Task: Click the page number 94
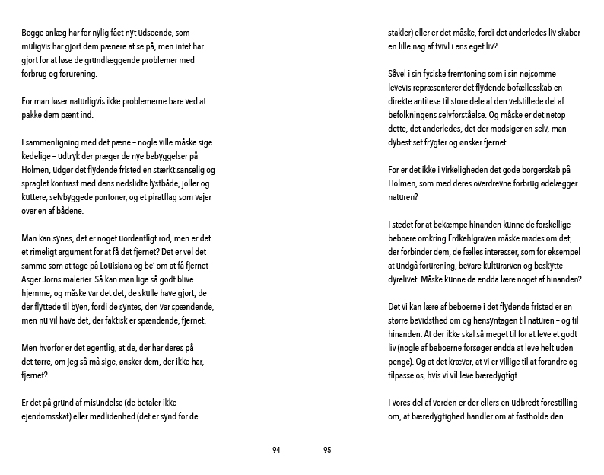click(x=277, y=450)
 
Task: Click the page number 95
click(x=327, y=450)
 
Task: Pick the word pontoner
click(x=100, y=197)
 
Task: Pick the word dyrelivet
click(x=408, y=279)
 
